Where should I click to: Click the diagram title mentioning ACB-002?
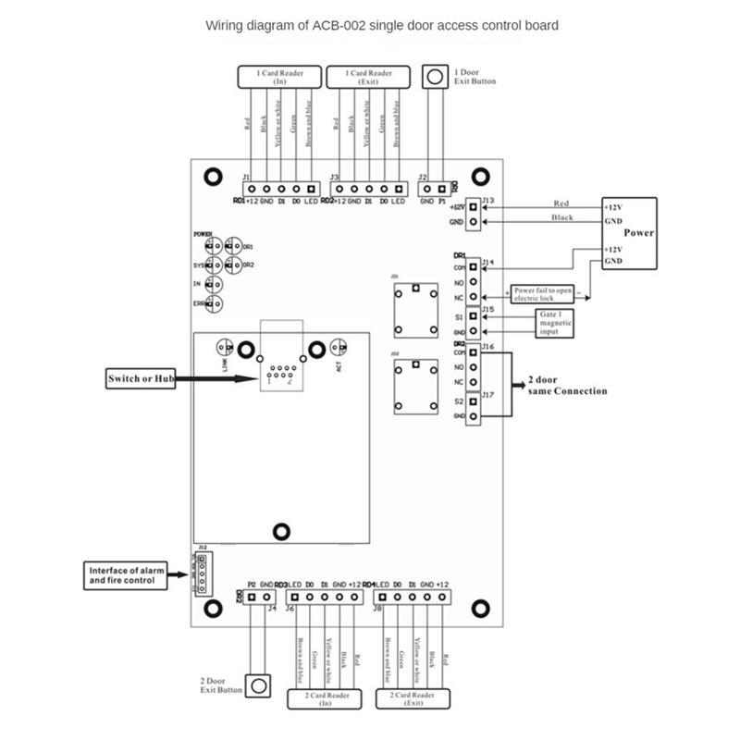[381, 26]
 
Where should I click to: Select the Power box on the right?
[628, 233]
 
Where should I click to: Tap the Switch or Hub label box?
[139, 377]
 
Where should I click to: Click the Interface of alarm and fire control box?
[126, 574]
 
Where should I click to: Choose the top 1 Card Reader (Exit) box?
[368, 77]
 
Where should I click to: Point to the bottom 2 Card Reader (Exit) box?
[413, 698]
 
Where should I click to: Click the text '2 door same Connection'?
[567, 385]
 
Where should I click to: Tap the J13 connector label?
[487, 200]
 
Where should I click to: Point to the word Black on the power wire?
[561, 217]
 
